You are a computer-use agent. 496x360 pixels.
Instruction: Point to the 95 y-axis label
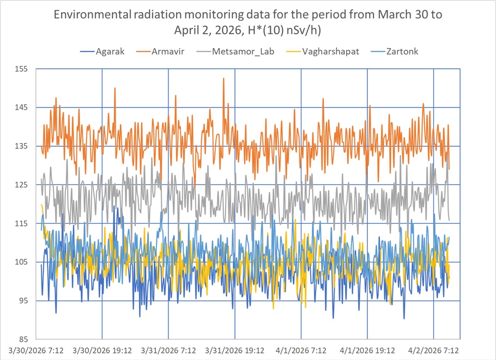24,301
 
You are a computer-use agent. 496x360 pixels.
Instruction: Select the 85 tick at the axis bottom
24,339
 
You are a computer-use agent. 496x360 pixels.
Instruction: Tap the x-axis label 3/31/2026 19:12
235,350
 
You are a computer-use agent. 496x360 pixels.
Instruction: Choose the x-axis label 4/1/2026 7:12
301,350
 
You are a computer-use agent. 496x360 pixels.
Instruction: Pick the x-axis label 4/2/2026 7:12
434,350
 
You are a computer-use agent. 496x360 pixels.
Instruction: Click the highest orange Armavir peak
223,79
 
